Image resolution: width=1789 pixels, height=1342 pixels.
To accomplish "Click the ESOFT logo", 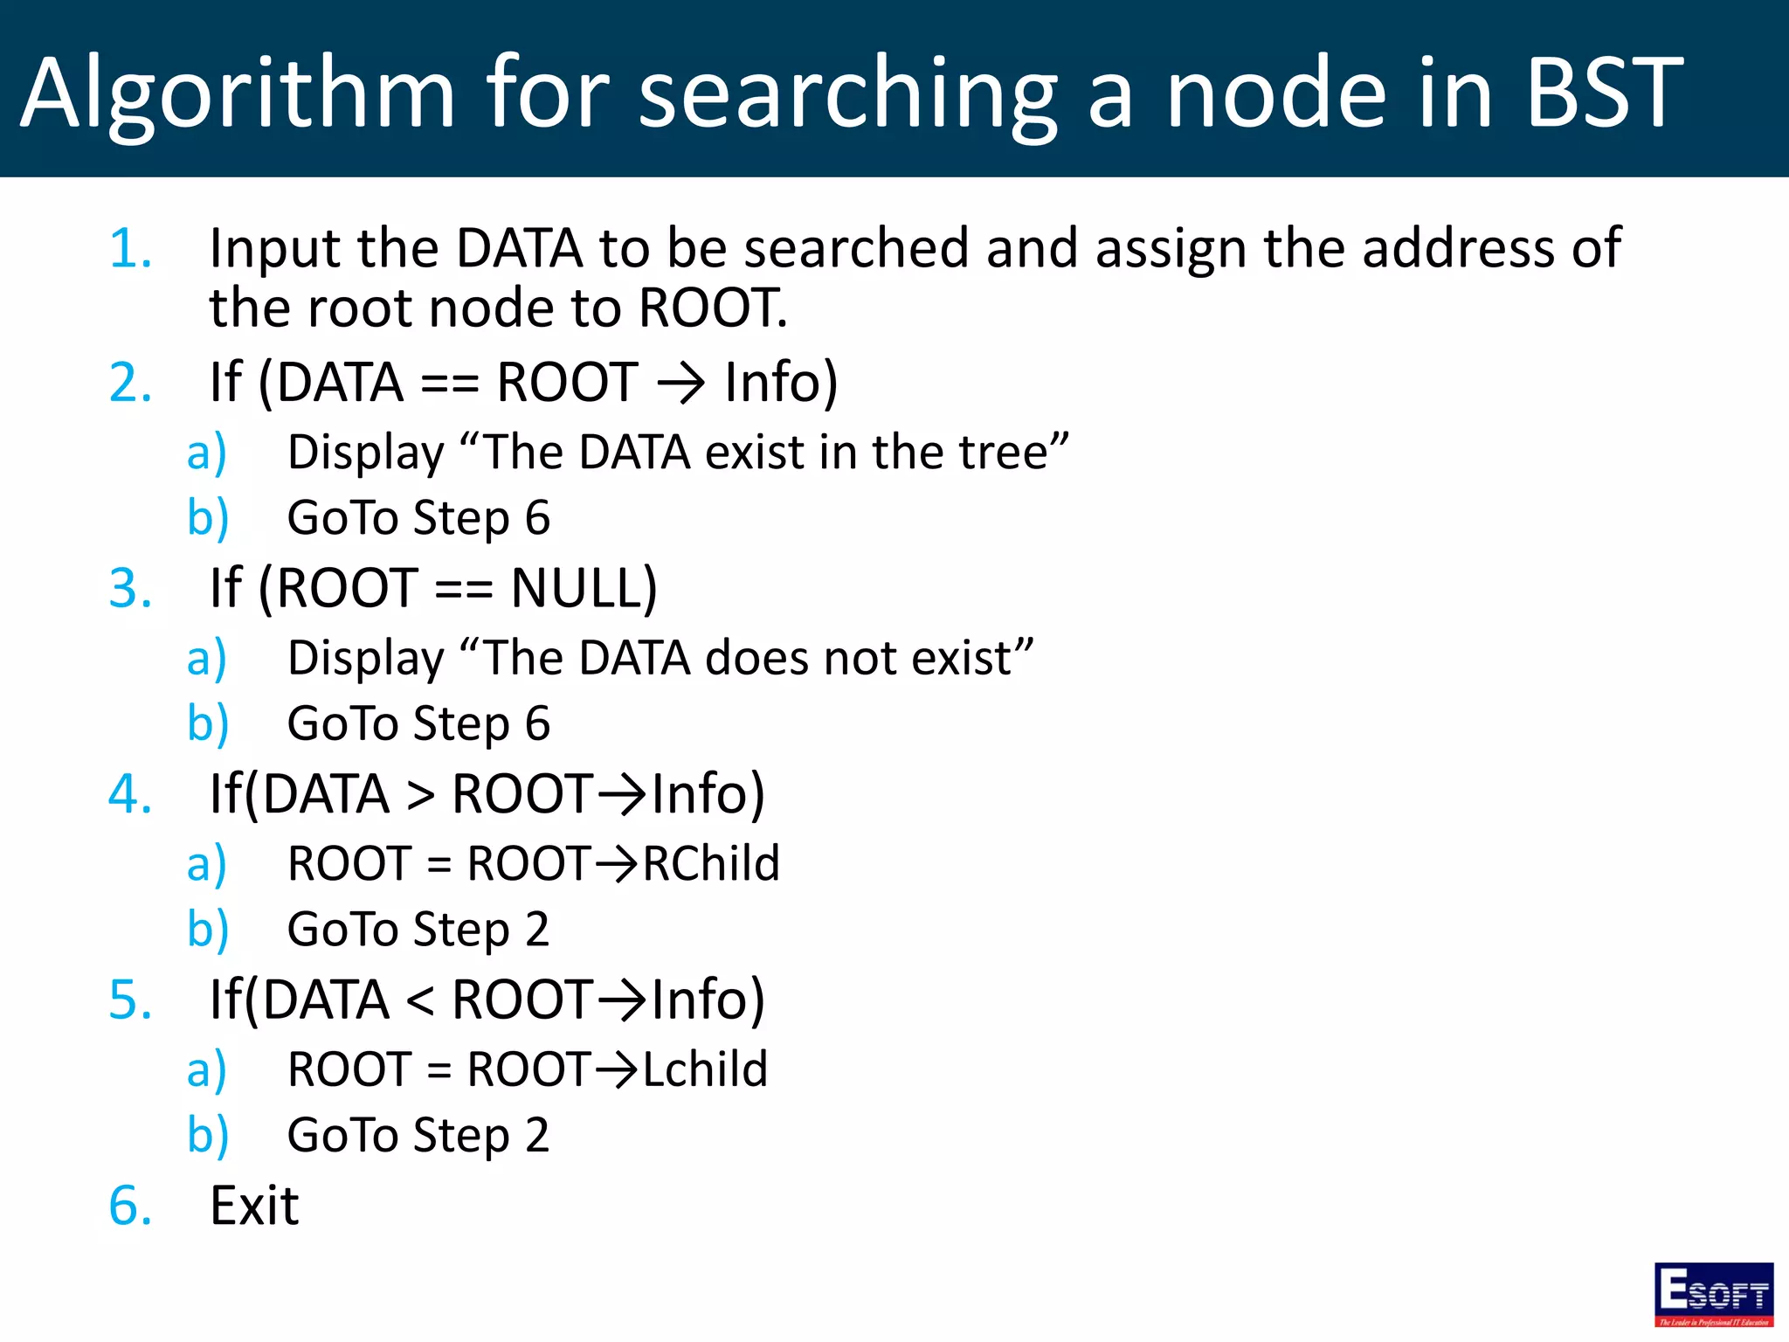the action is click(1713, 1294).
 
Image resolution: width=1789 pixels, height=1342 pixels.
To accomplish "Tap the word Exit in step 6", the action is click(254, 1206).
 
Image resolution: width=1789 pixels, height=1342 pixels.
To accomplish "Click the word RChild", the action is click(711, 864).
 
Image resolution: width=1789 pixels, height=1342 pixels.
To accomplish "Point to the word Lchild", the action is click(705, 1069).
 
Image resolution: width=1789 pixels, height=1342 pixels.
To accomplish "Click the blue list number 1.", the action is click(130, 249).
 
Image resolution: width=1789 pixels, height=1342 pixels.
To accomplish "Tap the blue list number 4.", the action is click(130, 794).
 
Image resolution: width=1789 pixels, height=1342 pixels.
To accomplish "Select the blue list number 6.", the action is click(130, 1206).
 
